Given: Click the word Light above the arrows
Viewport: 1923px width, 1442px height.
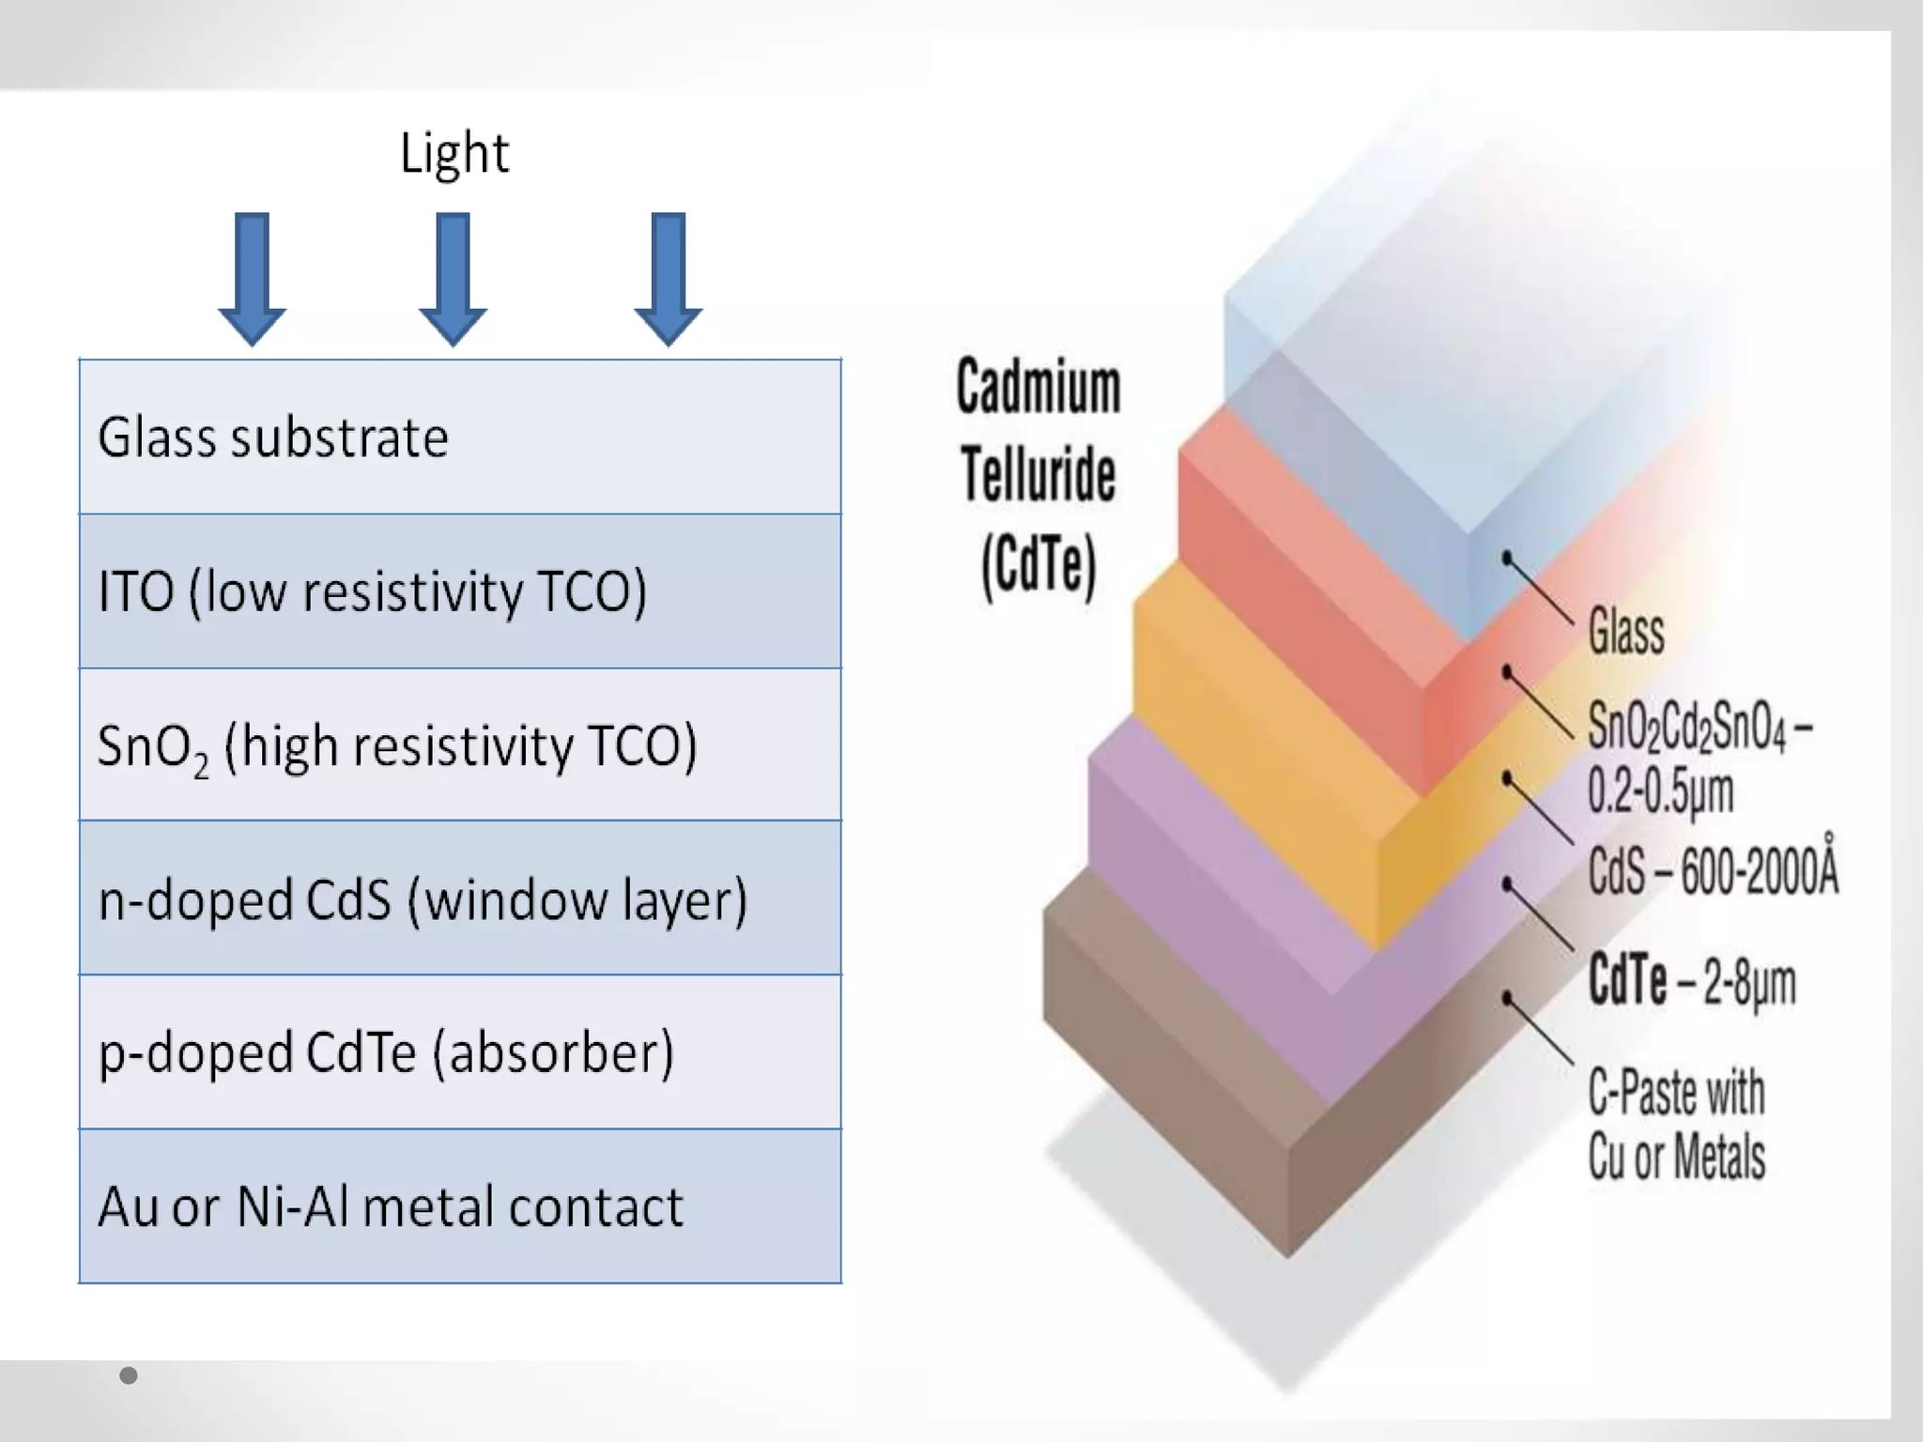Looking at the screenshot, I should (x=454, y=153).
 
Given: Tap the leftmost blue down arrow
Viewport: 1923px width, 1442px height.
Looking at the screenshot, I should (x=252, y=278).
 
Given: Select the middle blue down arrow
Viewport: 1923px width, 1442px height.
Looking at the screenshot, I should (x=453, y=278).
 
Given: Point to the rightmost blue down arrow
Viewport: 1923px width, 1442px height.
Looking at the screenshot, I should (x=668, y=278).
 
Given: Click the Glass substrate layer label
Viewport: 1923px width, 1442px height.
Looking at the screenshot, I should (x=273, y=437).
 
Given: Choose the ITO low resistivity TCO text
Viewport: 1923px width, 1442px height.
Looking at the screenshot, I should (x=373, y=592).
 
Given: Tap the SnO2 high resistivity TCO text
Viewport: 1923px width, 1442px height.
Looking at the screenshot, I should (x=397, y=747).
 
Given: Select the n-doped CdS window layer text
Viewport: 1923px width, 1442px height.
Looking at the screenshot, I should (x=423, y=899).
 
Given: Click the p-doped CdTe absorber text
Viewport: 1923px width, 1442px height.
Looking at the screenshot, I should (x=386, y=1052).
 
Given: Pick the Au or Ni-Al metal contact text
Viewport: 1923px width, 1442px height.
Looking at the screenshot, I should (x=391, y=1206).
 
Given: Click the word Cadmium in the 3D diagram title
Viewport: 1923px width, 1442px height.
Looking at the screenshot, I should (x=1038, y=387).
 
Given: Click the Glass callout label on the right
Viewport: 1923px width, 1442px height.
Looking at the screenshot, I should (x=1626, y=630).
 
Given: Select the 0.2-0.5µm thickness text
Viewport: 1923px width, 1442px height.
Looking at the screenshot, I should (x=1660, y=790).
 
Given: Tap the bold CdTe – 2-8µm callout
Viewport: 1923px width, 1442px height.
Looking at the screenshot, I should (x=1692, y=982).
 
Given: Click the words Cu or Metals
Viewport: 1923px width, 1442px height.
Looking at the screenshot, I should (x=1677, y=1156).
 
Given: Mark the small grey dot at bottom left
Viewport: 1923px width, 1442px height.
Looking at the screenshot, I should (x=129, y=1375).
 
